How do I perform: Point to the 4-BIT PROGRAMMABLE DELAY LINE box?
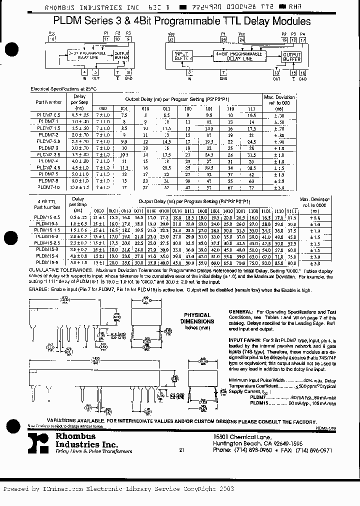[238, 56]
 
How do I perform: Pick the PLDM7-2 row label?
[49, 135]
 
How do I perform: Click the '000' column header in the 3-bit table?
[103, 108]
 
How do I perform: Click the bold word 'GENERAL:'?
[243, 311]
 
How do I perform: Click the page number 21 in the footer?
[181, 450]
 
